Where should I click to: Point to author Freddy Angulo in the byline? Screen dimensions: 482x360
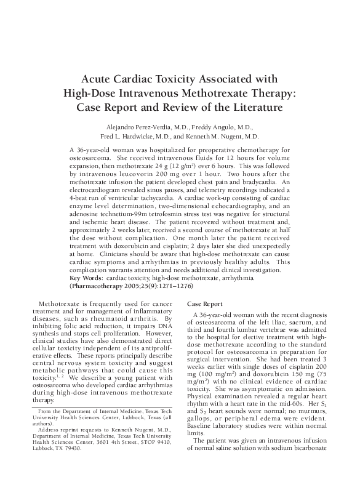(x=207, y=127)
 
